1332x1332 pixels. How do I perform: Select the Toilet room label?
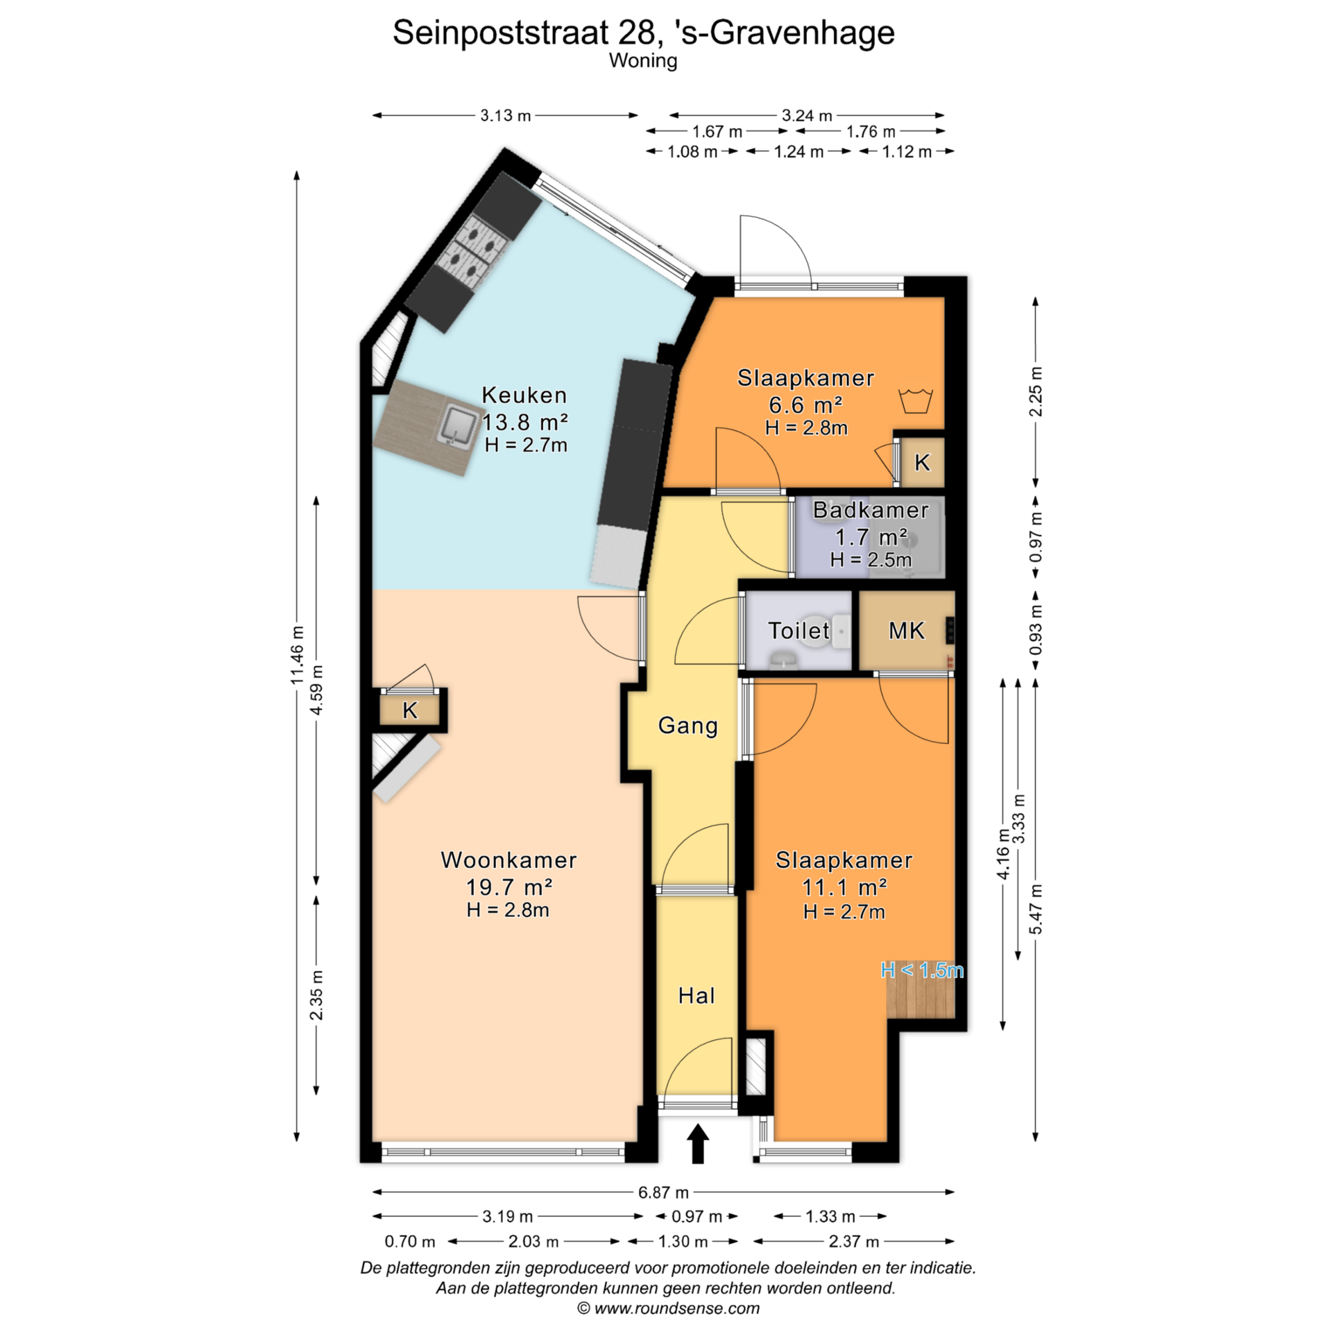tap(799, 631)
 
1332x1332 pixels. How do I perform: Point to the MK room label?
tap(907, 631)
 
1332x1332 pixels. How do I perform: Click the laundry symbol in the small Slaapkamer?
tap(916, 401)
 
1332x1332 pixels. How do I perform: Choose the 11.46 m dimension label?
tap(298, 655)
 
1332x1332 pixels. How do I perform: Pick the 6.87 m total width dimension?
tap(663, 1192)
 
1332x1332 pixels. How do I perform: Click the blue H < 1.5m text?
tap(922, 970)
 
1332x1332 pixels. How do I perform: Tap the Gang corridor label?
tap(688, 726)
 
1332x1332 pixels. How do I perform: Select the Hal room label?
tap(697, 996)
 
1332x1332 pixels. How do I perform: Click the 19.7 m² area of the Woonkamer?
tap(509, 887)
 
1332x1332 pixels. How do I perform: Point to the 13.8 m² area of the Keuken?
tap(525, 422)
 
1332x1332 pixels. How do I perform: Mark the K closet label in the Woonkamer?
tap(410, 710)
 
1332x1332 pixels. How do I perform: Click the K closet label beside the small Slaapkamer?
tap(922, 462)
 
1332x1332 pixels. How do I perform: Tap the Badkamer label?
tap(871, 510)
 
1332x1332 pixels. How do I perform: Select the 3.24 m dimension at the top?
tap(807, 115)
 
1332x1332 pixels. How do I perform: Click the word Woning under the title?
tap(643, 61)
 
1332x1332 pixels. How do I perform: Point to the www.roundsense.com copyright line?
tap(669, 1308)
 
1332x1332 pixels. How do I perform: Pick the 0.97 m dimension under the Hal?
tap(697, 1216)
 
